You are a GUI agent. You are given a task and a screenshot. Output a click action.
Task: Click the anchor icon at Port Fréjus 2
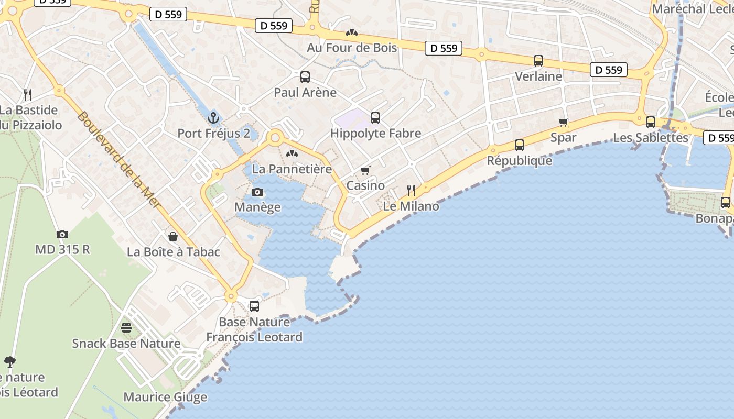tap(213, 117)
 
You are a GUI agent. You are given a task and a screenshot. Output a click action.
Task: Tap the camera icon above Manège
tap(257, 192)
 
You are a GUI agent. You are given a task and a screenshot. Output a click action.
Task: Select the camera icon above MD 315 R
tap(62, 234)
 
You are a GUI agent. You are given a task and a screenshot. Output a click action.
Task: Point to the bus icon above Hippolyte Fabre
tap(375, 118)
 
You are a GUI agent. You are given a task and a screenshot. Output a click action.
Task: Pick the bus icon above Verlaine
tap(538, 61)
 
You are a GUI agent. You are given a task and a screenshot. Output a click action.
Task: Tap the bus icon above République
tap(520, 145)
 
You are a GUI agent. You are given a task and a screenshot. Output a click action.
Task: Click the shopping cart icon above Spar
tap(564, 123)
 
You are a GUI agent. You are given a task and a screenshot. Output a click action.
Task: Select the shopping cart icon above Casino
tap(365, 171)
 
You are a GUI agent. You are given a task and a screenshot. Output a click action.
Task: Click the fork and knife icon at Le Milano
tap(411, 191)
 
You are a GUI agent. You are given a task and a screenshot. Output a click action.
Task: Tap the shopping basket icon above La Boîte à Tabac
tap(173, 237)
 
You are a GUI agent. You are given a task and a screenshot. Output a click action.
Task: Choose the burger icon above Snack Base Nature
tap(126, 328)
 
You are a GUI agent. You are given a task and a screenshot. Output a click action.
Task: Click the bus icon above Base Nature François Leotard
tap(254, 306)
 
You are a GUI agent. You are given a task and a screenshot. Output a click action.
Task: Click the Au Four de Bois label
tap(352, 48)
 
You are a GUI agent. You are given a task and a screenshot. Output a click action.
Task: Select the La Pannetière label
tap(292, 169)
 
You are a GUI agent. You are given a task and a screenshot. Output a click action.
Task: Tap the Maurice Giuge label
tap(165, 397)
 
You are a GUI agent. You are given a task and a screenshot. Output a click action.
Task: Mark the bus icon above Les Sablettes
tap(651, 122)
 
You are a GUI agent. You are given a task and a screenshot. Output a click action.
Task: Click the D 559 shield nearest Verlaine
tap(608, 70)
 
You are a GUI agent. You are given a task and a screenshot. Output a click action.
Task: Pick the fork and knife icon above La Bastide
tap(28, 95)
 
